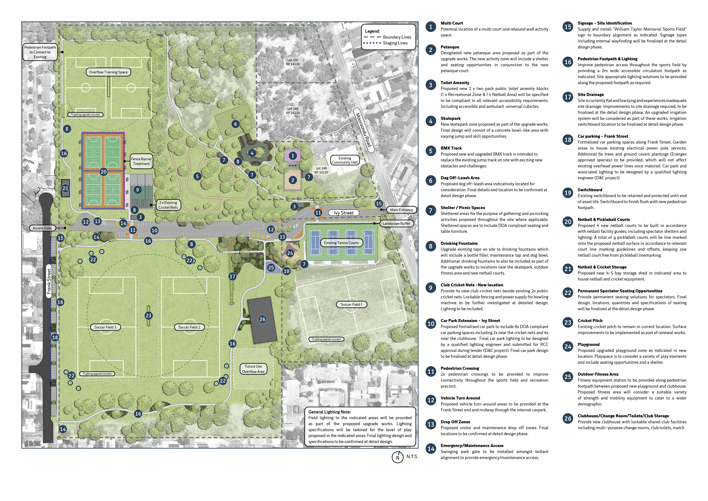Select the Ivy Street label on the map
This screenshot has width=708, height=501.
(344, 213)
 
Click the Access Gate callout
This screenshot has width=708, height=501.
(42, 228)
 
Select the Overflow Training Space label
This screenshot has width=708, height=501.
(108, 72)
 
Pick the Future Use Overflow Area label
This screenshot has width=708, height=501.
(253, 369)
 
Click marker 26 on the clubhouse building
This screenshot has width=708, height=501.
(262, 319)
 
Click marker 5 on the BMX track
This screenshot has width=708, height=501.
(197, 177)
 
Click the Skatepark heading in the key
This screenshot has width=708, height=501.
(451, 118)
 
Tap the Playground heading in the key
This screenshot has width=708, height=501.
(588, 345)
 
